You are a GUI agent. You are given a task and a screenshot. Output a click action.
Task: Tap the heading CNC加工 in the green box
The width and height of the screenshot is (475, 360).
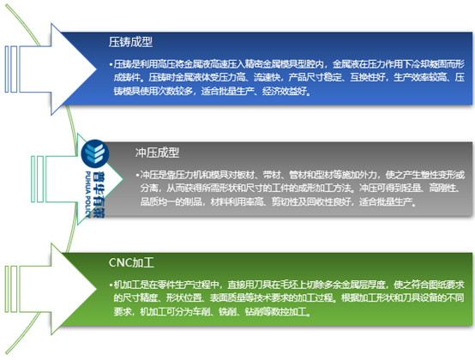coord(132,258)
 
